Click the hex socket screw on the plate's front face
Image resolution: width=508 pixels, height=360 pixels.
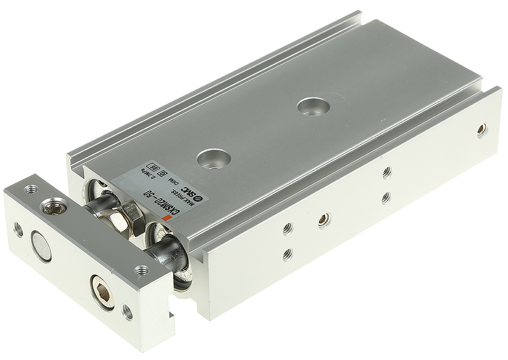click(104, 291)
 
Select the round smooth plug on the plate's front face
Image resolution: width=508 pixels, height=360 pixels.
click(42, 246)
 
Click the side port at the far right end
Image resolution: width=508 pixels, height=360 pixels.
click(481, 130)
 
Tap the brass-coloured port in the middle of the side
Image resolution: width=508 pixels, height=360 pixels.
click(324, 219)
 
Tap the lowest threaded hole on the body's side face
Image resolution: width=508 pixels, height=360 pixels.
click(288, 254)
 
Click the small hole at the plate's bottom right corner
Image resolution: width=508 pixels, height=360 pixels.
click(127, 312)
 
